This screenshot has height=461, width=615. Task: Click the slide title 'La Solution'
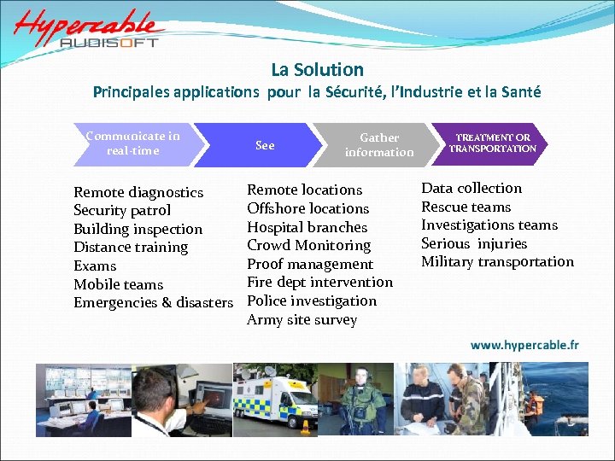(317, 70)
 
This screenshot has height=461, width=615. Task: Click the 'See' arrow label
(265, 145)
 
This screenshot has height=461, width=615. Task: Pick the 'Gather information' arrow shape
(378, 144)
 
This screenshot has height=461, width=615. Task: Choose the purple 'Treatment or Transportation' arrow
(493, 143)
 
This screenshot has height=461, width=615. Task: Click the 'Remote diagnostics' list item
(138, 192)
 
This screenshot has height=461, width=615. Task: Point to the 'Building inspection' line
(138, 229)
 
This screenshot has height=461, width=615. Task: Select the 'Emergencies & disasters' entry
(153, 303)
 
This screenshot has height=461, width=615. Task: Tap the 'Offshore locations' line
(307, 208)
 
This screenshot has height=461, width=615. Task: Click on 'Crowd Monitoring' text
(308, 245)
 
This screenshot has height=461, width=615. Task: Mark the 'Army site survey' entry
(302, 320)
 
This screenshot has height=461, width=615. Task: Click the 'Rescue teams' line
(466, 207)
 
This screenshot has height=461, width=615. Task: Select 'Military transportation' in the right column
(497, 262)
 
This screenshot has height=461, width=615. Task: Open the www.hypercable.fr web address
(524, 346)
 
